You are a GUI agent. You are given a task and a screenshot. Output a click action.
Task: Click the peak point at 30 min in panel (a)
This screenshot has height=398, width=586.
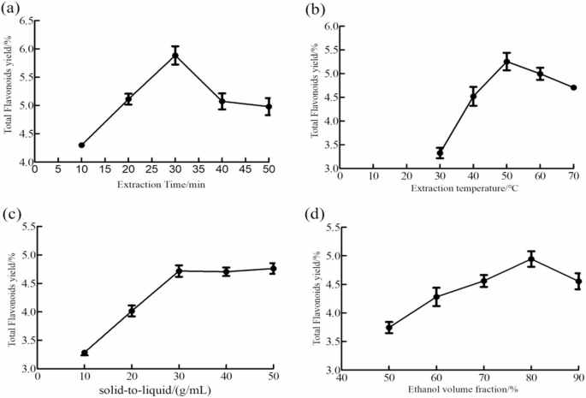(175, 56)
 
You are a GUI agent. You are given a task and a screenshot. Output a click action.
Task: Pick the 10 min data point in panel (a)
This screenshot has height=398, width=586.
(82, 146)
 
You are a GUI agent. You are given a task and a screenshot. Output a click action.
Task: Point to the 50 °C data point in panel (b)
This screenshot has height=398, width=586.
(459, 62)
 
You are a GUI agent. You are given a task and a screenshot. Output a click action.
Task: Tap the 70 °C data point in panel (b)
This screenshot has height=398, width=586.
(573, 87)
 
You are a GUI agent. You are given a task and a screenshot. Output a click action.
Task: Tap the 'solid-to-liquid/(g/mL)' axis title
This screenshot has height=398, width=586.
(154, 390)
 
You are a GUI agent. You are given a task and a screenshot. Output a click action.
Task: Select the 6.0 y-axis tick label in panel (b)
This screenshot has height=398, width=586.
(328, 27)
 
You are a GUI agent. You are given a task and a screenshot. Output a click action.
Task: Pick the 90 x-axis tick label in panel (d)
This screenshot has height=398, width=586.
(578, 377)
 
